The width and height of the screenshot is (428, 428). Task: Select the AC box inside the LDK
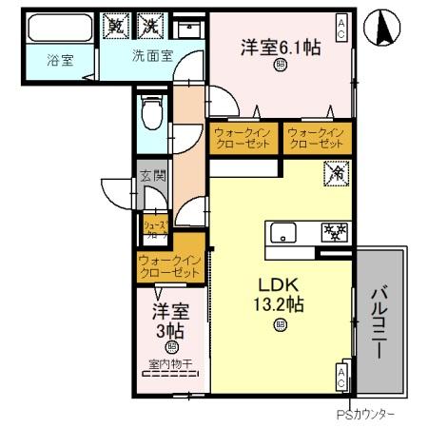pyautogui.click(x=340, y=377)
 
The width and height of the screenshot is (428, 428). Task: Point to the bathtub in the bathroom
pyautogui.click(x=58, y=28)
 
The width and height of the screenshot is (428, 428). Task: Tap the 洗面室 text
pyautogui.click(x=151, y=56)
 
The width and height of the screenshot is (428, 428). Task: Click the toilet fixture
pyautogui.click(x=150, y=116)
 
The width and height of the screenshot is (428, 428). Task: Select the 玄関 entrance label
pyautogui.click(x=152, y=176)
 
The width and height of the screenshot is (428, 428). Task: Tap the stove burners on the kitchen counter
pyautogui.click(x=335, y=233)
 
